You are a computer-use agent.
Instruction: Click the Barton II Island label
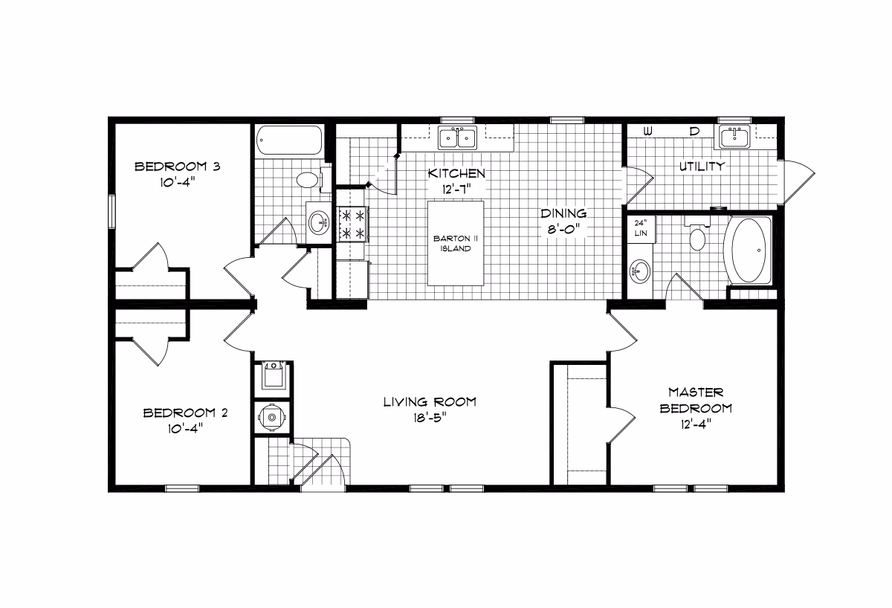point(455,243)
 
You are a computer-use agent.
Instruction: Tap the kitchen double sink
point(457,138)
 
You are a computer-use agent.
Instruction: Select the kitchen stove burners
point(353,224)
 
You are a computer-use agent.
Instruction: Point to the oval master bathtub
point(749,250)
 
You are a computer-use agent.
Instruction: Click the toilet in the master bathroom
point(697,234)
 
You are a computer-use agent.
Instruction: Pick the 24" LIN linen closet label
point(641,228)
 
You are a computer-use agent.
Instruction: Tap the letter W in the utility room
point(648,132)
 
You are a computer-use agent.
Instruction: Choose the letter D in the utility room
point(694,132)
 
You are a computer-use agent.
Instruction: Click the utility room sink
point(734,137)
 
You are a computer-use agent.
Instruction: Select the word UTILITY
point(702,166)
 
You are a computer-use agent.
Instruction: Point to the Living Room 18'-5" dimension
point(430,418)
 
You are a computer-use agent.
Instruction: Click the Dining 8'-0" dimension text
point(563,230)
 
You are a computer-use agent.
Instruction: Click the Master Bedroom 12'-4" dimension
point(696,424)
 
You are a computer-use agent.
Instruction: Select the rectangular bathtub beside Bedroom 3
point(289,140)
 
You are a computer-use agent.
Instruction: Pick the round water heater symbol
point(272,417)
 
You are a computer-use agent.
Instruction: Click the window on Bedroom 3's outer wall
point(112,211)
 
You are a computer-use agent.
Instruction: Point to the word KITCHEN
point(456,174)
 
